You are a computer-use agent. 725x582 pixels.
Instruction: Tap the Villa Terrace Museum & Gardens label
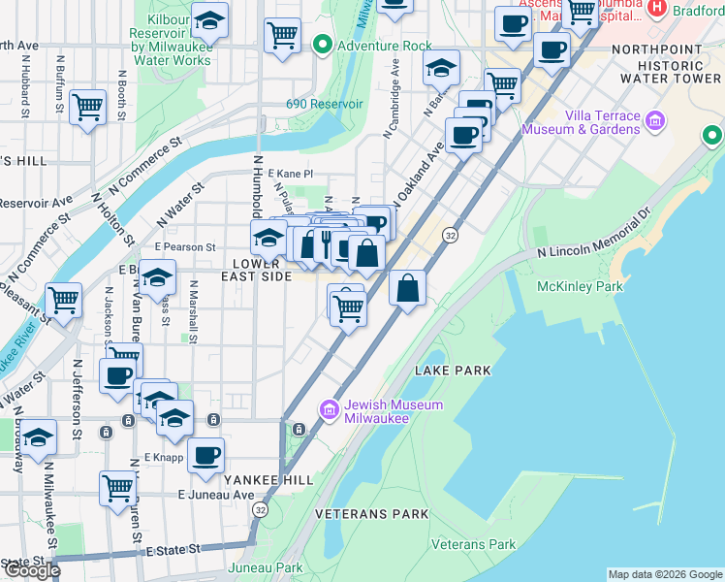581,121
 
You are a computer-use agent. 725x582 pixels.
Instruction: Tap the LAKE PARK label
453,371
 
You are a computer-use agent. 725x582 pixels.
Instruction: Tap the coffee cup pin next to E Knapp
205,455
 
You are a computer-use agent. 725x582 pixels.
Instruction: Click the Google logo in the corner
31,570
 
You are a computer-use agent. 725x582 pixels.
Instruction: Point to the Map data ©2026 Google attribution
664,574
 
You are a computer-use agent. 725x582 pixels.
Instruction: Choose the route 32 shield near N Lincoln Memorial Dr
450,236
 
